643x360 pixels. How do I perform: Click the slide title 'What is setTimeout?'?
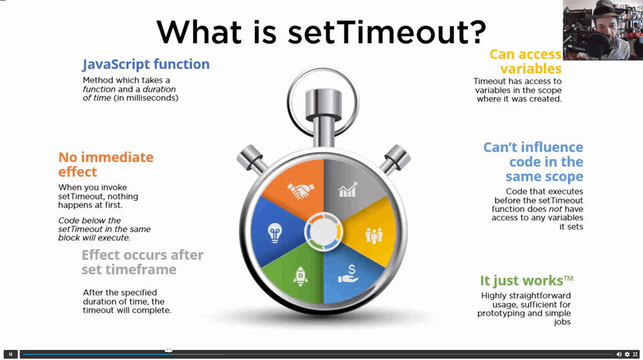(321, 32)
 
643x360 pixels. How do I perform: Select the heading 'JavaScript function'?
(146, 64)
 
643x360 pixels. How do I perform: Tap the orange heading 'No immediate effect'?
(105, 164)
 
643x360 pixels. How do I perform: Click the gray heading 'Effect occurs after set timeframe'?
(143, 262)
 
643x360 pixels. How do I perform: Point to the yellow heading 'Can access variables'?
(526, 61)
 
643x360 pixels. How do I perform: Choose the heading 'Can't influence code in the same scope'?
(533, 161)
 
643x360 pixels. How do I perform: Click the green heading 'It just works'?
(527, 280)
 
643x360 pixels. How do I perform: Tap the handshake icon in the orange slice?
(301, 190)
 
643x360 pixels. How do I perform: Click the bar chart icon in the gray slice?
(348, 190)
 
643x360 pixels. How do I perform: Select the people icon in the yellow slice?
(374, 236)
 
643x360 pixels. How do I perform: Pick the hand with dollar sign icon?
(349, 274)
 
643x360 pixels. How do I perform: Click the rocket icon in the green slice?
(301, 276)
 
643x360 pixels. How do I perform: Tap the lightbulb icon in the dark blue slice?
(275, 233)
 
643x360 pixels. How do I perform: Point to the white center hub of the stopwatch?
(323, 232)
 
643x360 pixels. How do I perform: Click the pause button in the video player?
(11, 354)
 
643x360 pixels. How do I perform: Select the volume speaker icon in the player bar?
(619, 354)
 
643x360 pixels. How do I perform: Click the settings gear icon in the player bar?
(627, 354)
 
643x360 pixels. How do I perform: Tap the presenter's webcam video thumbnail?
(603, 30)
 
